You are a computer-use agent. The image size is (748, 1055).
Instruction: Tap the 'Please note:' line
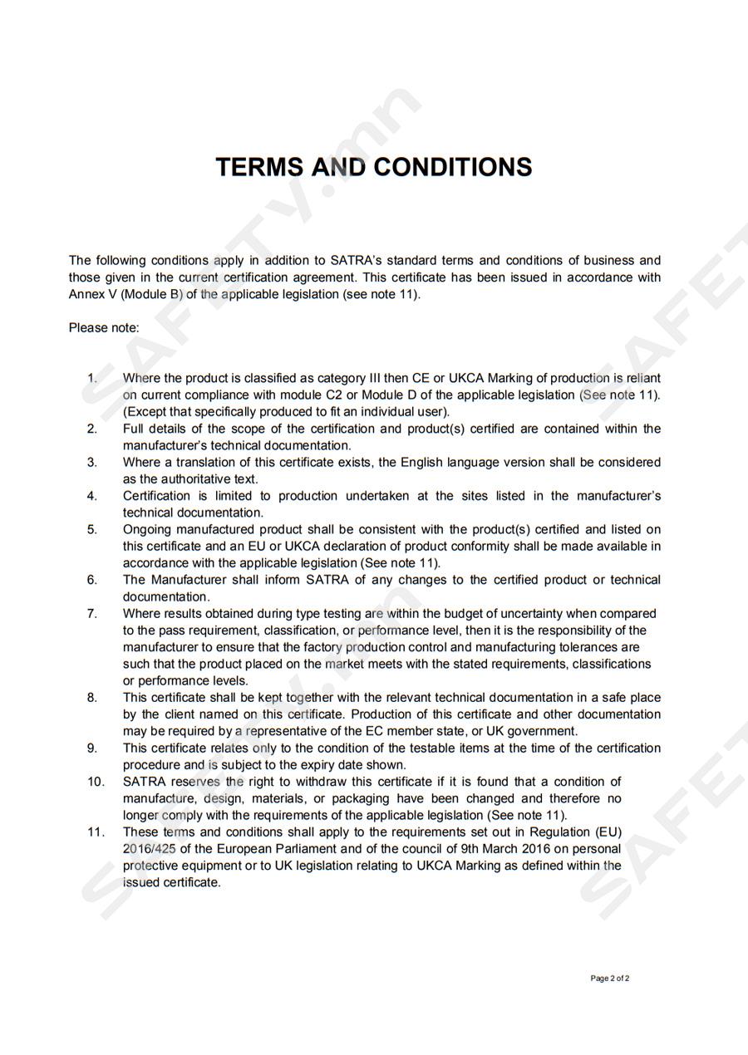pyautogui.click(x=104, y=327)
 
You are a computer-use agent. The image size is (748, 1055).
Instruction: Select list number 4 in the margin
pyautogui.click(x=91, y=496)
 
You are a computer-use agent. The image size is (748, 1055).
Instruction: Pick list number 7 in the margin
pyautogui.click(x=91, y=613)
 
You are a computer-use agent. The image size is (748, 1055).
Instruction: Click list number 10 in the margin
pyautogui.click(x=96, y=782)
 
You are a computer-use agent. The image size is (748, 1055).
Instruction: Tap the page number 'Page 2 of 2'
pyautogui.click(x=609, y=979)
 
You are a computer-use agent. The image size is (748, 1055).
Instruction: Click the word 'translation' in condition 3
pyautogui.click(x=207, y=462)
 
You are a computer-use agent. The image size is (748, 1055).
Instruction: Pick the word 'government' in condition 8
pyautogui.click(x=541, y=731)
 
